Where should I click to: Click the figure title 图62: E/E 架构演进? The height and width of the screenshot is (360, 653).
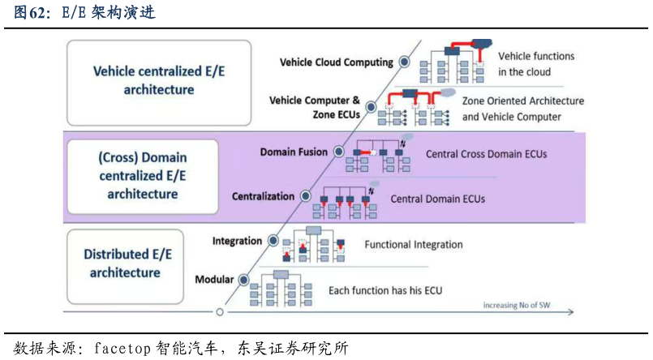click(x=85, y=13)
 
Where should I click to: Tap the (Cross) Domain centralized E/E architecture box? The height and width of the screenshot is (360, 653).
click(x=143, y=175)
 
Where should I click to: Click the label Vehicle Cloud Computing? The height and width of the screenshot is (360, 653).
click(x=336, y=62)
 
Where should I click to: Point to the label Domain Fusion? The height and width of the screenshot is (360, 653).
click(x=294, y=152)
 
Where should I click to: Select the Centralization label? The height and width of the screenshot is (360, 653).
click(x=263, y=196)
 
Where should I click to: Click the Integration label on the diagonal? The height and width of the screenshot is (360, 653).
click(x=237, y=241)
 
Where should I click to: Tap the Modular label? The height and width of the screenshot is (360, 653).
click(x=214, y=280)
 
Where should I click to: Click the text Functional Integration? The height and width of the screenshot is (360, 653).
click(x=414, y=245)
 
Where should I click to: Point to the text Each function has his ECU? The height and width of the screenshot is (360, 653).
click(x=385, y=290)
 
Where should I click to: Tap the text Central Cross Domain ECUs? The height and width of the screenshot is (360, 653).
click(x=486, y=154)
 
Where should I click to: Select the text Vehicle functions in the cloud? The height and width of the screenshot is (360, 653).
click(x=535, y=64)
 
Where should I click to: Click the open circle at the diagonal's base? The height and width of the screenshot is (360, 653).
click(x=219, y=312)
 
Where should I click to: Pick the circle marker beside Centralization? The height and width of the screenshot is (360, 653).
click(x=305, y=196)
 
